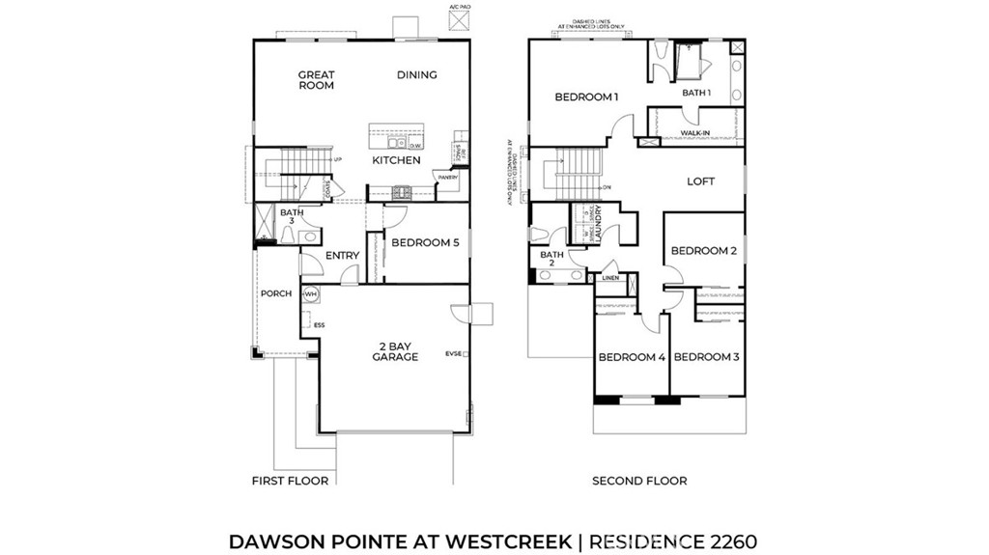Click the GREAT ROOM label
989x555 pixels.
(316, 80)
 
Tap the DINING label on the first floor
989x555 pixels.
(417, 75)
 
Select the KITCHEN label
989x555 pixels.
(396, 160)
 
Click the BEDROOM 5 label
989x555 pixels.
(426, 243)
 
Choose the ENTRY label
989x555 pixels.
(342, 256)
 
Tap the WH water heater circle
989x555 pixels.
(311, 293)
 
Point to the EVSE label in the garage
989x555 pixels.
(453, 354)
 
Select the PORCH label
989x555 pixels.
(275, 293)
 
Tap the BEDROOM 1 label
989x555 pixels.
(585, 97)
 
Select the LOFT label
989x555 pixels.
(700, 181)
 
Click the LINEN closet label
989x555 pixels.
(610, 279)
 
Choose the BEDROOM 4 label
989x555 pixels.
(632, 357)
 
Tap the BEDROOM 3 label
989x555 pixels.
(706, 357)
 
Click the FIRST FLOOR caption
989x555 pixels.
(290, 481)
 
